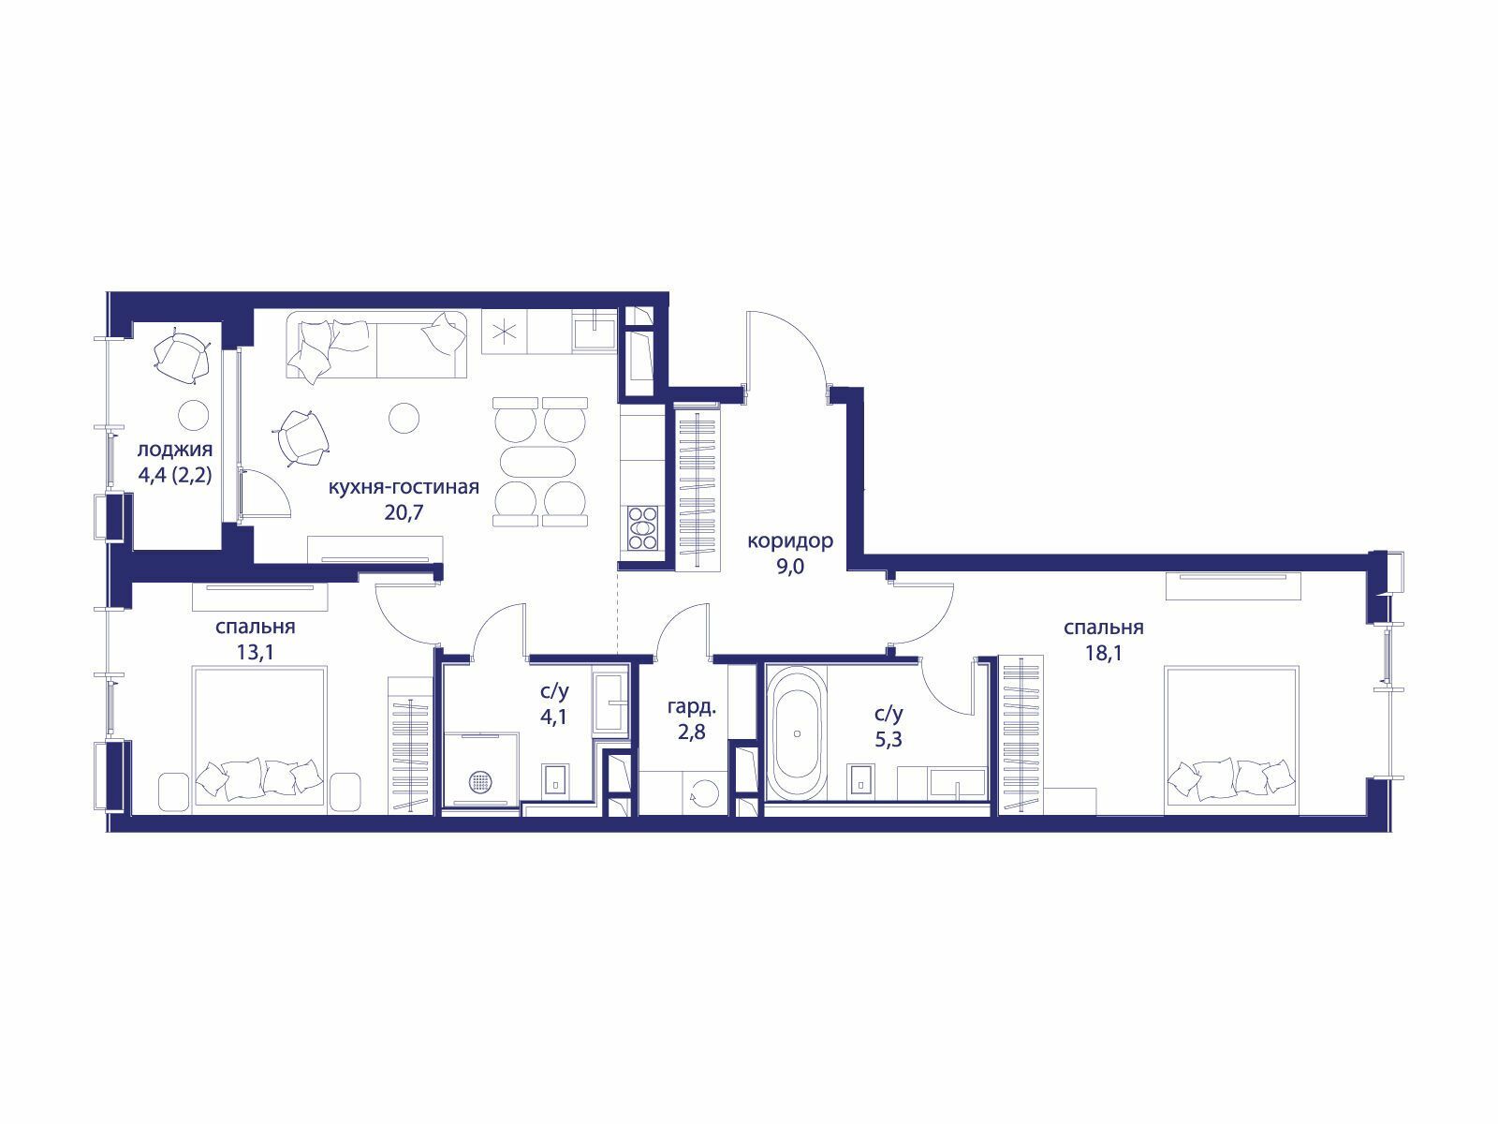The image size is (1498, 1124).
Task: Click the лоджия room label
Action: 175,451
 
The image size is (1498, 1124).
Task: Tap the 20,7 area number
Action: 404,511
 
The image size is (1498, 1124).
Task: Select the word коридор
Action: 790,542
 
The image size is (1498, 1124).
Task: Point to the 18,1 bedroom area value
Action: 1104,654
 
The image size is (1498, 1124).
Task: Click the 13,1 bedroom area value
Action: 256,653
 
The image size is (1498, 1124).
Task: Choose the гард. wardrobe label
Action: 692,707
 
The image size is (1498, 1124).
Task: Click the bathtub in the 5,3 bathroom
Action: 797,733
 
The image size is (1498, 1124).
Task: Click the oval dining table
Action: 540,462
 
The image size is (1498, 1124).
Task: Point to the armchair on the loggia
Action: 182,359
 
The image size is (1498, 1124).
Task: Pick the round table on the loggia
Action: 193,415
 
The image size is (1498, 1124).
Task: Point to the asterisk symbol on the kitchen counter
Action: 505,333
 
